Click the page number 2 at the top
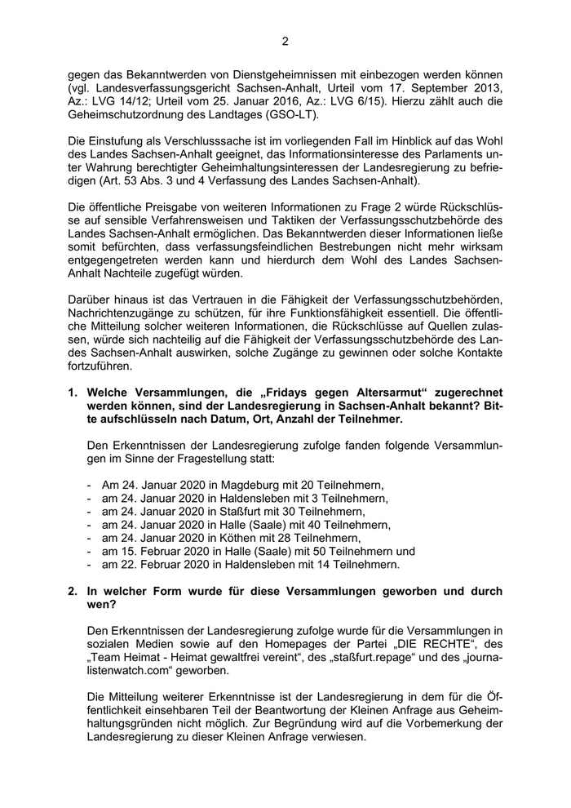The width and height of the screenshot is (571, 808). point(285,41)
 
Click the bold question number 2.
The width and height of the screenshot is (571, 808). point(73,590)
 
